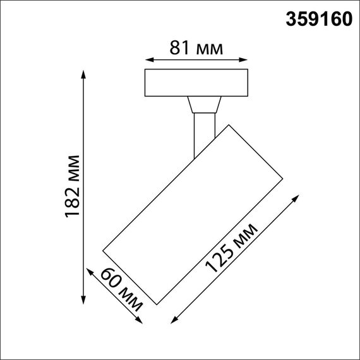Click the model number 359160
point(315,20)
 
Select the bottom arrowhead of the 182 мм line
point(85,301)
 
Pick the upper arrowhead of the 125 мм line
point(296,198)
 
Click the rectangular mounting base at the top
point(196,83)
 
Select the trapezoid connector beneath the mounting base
point(203,105)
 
